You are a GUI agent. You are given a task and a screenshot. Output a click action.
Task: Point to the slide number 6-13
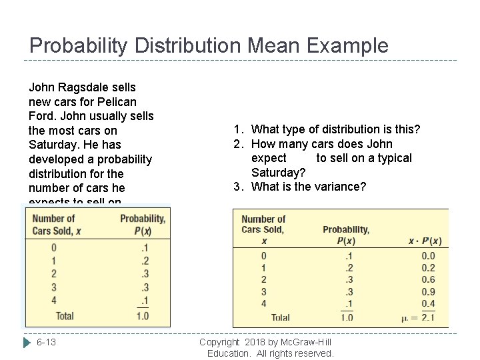tap(46, 342)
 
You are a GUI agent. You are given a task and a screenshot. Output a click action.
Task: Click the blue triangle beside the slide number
tap(27, 342)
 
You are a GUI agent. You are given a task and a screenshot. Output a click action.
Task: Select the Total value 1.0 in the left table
tap(142, 315)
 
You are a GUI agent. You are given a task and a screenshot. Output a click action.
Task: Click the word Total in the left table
tap(65, 315)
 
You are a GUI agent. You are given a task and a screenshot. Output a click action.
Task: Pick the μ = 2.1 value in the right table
tap(419, 318)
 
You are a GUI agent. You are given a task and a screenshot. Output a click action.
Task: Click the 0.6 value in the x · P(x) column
tap(428, 279)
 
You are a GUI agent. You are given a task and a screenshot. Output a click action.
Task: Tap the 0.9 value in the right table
tap(428, 291)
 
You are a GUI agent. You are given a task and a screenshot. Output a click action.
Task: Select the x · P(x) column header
tap(419, 240)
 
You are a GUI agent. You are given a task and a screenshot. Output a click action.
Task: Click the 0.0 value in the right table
tap(428, 255)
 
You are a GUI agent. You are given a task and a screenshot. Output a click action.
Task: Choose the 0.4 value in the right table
tap(428, 303)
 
